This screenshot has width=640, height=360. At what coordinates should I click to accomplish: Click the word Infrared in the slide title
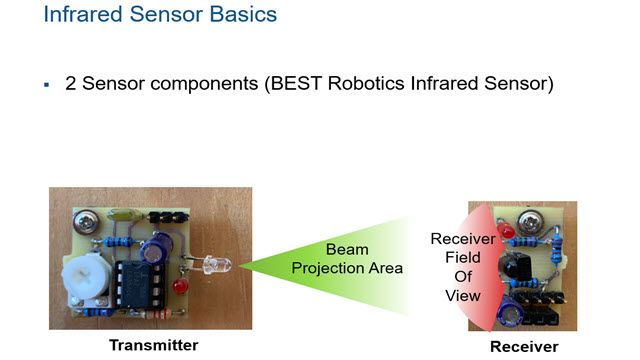(82, 16)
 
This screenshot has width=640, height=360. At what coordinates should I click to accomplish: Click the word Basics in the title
(241, 16)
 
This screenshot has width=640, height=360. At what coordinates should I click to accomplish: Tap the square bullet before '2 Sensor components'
(46, 86)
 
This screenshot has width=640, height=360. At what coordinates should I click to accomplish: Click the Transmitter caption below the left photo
(153, 345)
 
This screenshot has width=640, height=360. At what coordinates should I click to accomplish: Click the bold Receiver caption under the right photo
(524, 346)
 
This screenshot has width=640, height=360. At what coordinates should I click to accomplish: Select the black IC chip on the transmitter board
(134, 283)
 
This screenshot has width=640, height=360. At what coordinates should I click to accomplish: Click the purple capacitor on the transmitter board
(160, 244)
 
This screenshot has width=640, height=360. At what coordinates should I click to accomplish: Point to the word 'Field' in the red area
(461, 259)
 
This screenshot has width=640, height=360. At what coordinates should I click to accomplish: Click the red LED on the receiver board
(508, 232)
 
